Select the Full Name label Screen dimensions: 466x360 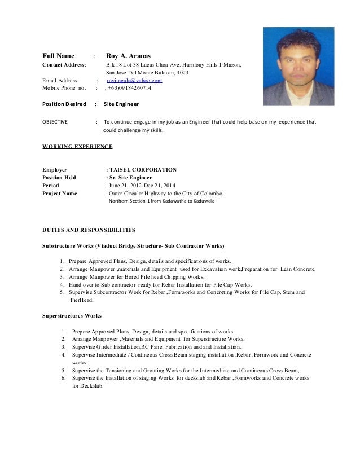59,56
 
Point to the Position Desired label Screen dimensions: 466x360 64,104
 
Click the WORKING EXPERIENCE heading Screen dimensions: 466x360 77,146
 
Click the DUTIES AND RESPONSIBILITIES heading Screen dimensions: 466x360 89,230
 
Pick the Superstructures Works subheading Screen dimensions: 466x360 72,316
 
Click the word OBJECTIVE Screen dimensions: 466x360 55,121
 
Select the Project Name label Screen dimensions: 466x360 60,193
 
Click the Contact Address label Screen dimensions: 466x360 64,65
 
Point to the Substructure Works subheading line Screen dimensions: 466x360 133,246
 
